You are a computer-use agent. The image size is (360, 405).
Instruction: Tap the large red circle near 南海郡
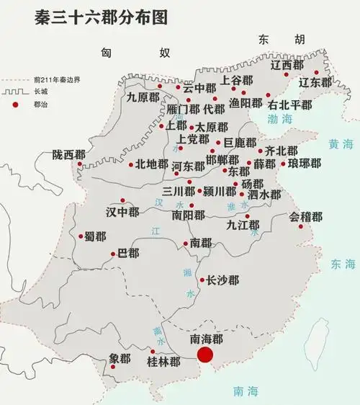(206, 355)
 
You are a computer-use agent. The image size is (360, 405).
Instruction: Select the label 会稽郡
(306, 216)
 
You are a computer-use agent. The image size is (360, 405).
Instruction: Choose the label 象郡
(120, 358)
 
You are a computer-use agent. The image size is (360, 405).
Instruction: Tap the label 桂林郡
(163, 361)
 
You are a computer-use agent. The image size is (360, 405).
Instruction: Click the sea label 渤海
(280, 118)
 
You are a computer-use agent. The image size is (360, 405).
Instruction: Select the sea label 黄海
(339, 143)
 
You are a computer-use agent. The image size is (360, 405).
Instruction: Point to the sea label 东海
(343, 264)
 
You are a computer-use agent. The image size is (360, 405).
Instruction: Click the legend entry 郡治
(32, 105)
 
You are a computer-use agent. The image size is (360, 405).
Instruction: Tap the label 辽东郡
(317, 82)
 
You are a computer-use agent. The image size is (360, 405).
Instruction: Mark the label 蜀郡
(95, 236)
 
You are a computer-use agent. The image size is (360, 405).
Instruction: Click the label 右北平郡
(290, 105)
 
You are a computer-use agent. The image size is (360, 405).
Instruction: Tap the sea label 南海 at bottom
(245, 391)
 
